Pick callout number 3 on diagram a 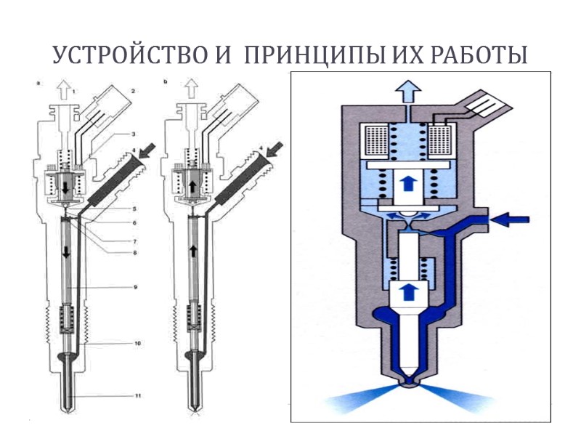coord(134,135)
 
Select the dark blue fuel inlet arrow coord(514,217)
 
